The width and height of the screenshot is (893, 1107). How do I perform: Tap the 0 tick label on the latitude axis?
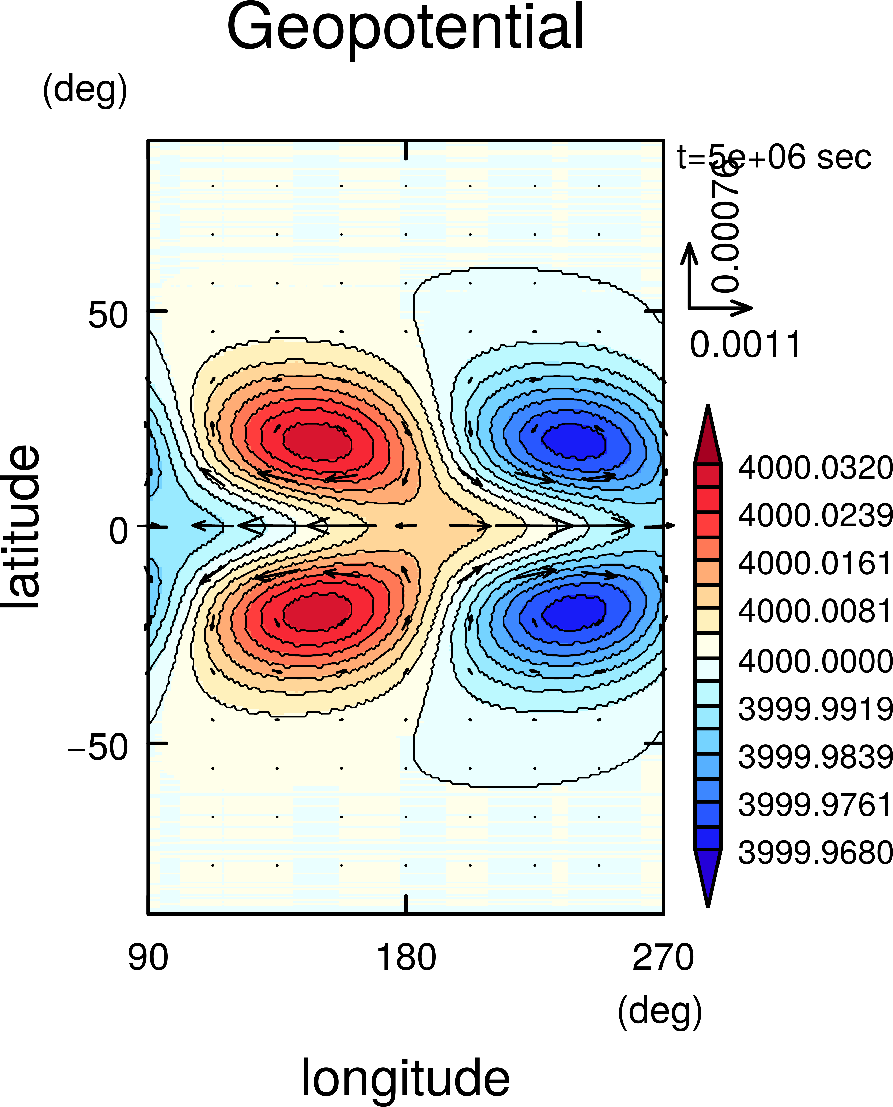tap(118, 531)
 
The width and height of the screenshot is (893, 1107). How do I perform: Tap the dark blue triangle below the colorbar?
tap(708, 875)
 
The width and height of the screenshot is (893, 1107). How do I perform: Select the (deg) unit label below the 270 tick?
tap(660, 1011)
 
